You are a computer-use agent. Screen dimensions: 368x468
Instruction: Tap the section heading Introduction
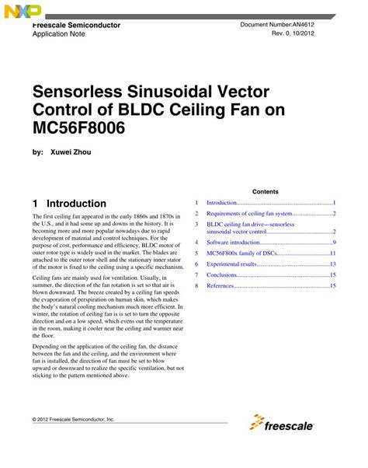coord(76,203)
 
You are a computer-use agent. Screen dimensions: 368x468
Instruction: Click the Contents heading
coord(265,191)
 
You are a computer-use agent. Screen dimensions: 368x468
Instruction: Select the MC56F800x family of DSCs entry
coord(248,253)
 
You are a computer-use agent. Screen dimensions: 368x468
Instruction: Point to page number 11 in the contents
coord(332,253)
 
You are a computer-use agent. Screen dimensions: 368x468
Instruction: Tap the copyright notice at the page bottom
coord(74,419)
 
